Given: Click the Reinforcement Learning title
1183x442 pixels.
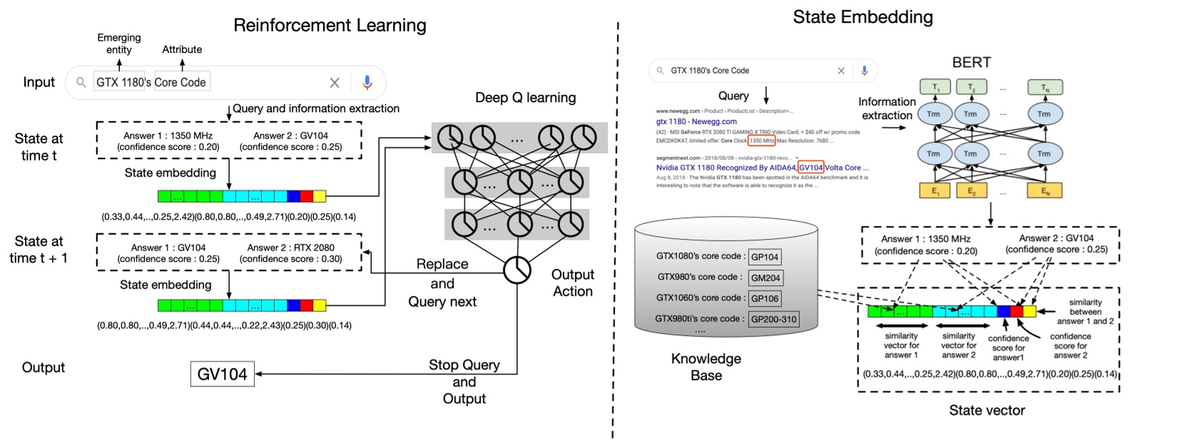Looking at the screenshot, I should [x=330, y=26].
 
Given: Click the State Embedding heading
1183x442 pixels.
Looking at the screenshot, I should [x=863, y=17].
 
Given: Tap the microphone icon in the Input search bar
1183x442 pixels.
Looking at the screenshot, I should [x=367, y=83].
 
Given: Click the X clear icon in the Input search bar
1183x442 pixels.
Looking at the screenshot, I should [x=334, y=83].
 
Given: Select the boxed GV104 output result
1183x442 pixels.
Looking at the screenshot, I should [x=222, y=374].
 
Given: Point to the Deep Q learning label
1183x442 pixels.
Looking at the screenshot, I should [x=525, y=98].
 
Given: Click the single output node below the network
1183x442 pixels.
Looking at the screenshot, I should [x=517, y=270].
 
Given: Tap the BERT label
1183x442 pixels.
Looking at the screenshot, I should [x=971, y=62].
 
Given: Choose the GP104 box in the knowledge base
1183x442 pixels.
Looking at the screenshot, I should [x=764, y=257].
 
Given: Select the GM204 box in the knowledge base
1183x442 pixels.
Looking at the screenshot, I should [x=765, y=278].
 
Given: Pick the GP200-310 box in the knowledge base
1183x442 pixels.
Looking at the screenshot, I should [x=773, y=319].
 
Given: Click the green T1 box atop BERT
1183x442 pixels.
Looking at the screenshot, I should [x=935, y=88].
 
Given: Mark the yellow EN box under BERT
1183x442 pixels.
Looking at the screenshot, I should [x=1045, y=190].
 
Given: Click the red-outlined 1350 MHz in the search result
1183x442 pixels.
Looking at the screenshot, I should [x=762, y=140].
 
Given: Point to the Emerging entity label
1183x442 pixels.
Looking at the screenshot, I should [x=119, y=43].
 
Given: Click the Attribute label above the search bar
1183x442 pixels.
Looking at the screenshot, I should [x=182, y=49].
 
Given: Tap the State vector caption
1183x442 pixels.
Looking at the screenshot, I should [x=987, y=410].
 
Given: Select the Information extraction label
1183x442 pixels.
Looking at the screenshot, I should [x=887, y=108].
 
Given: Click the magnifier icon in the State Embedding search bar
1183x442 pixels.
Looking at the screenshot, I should [x=660, y=71].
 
